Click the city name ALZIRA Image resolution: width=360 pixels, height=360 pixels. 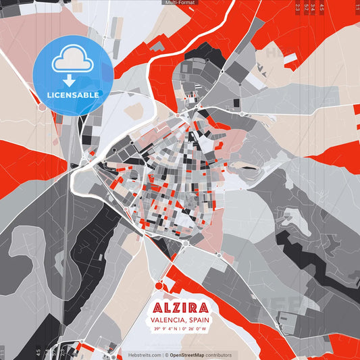180,308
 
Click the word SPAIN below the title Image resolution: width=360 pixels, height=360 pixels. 199,320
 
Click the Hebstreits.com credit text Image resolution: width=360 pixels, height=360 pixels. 143,355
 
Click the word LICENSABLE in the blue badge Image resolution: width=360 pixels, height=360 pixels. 73,95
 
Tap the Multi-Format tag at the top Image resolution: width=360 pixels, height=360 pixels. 180,3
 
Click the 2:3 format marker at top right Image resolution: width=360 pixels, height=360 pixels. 298,7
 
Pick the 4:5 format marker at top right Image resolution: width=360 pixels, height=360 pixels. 322,7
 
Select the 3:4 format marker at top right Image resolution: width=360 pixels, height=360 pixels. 313,7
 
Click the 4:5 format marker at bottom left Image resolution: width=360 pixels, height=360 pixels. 38,352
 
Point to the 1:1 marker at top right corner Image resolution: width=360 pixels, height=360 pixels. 356,7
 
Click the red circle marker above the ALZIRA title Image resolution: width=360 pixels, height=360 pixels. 160,286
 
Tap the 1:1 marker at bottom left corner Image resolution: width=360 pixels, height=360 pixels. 3,352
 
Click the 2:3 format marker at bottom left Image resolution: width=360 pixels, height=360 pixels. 62,352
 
